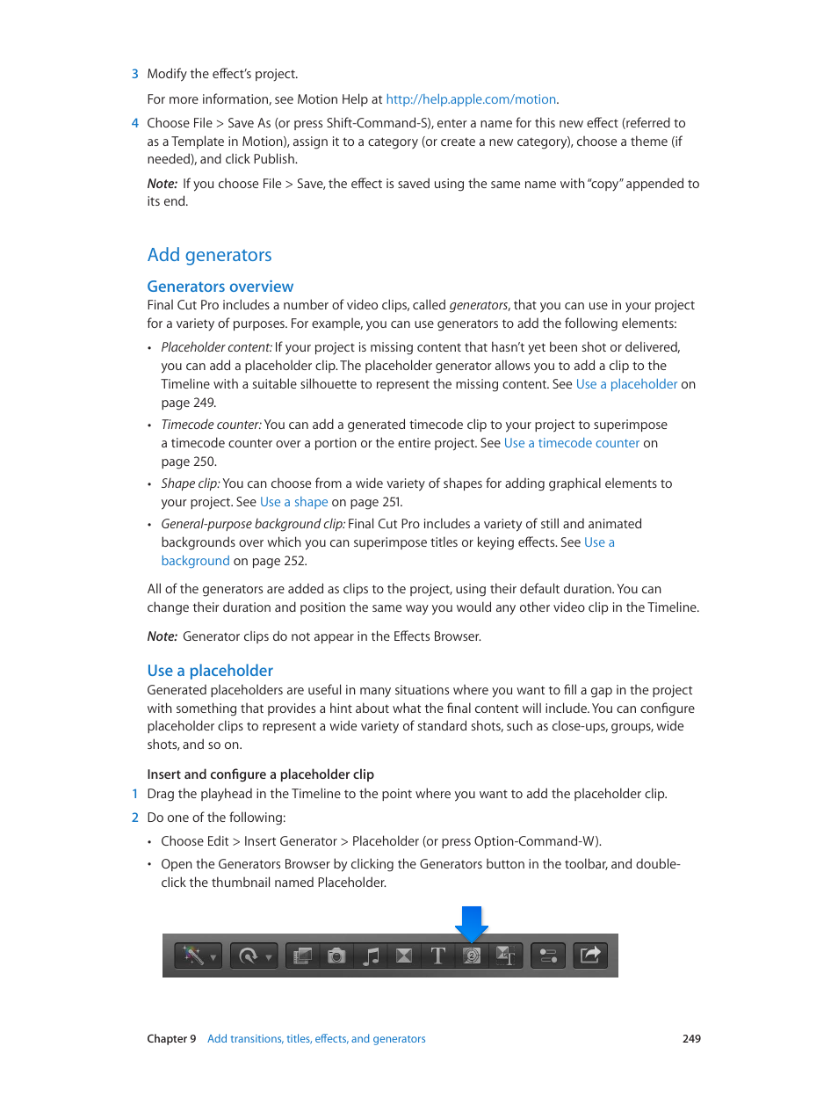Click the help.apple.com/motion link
[471, 99]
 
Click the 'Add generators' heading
[209, 255]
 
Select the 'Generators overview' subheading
[220, 287]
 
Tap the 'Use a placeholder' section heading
[210, 671]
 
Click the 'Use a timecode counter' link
[571, 443]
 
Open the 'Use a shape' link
[293, 502]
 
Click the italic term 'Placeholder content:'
[216, 347]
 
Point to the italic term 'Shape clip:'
[190, 483]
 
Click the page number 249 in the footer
[691, 1039]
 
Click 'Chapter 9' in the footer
[171, 1039]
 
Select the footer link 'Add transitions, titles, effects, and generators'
[316, 1039]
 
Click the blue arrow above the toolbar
[472, 922]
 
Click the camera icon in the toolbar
[336, 956]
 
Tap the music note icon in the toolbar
[371, 956]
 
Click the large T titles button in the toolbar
[437, 956]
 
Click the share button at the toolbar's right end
[590, 956]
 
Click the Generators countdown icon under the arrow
[472, 956]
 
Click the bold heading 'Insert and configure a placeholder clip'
[260, 774]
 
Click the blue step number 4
[135, 123]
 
